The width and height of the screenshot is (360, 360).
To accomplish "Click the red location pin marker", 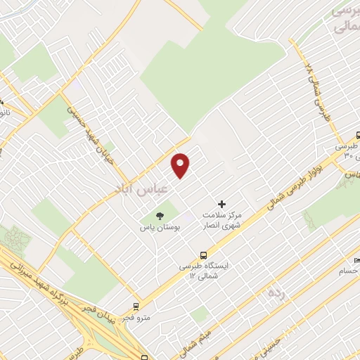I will coord(181,165).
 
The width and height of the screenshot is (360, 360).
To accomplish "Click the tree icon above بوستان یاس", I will coord(160,215).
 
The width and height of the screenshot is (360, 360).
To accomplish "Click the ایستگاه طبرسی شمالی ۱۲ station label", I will coord(202,271).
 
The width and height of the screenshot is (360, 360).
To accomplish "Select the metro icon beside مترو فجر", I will coord(136,307).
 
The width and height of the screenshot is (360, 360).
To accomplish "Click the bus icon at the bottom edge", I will coord(144,356).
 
